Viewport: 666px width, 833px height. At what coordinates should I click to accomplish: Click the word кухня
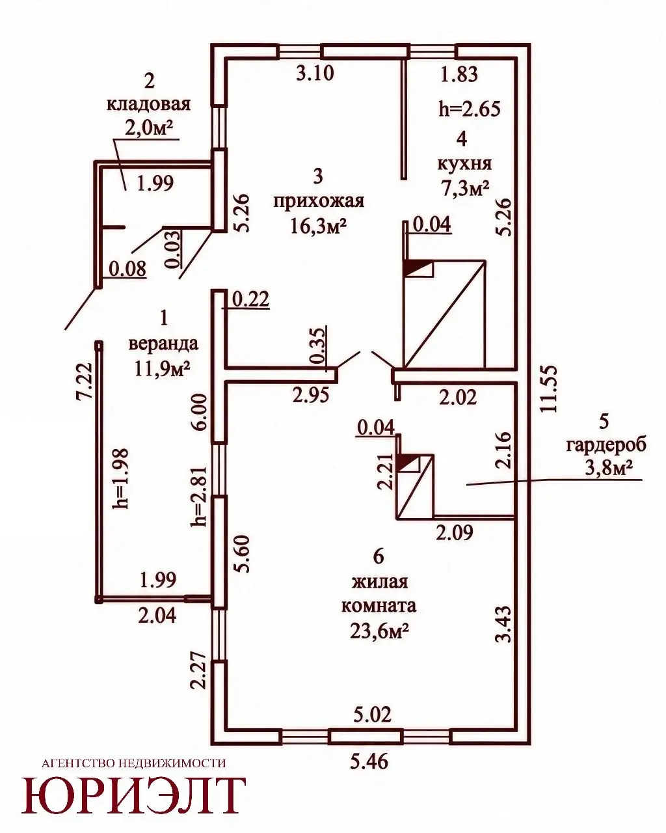[x=464, y=164]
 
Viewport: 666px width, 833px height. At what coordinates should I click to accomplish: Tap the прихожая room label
[x=319, y=202]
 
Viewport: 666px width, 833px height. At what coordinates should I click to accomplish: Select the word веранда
[x=163, y=344]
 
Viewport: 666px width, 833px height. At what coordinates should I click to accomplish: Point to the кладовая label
[x=148, y=105]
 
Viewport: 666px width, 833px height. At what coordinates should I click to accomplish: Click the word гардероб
[x=606, y=446]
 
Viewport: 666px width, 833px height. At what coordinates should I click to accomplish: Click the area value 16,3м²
[x=318, y=226]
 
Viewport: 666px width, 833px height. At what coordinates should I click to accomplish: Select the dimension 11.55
[x=550, y=389]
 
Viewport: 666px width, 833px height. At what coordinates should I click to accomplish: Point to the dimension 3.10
[x=315, y=73]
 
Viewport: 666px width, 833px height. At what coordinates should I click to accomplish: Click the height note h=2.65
[x=470, y=109]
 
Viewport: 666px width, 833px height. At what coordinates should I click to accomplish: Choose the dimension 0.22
[x=250, y=299]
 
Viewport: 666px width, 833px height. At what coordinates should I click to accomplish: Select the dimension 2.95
[x=311, y=395]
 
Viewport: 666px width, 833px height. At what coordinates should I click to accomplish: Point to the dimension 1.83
[x=459, y=74]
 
